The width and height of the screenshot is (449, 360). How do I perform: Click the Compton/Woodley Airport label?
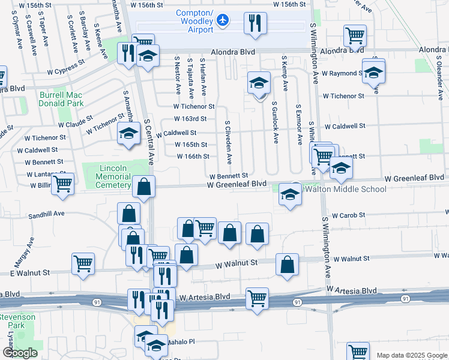click(194, 22)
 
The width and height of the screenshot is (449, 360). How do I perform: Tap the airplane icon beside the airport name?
click(223, 21)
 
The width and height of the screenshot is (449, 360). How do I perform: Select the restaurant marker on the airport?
click(255, 23)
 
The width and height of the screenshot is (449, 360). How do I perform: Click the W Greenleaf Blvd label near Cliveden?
click(237, 184)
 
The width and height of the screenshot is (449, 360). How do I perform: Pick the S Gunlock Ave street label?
click(276, 123)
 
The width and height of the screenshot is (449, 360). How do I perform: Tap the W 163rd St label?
click(190, 119)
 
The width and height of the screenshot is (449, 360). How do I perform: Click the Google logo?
click(19, 353)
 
